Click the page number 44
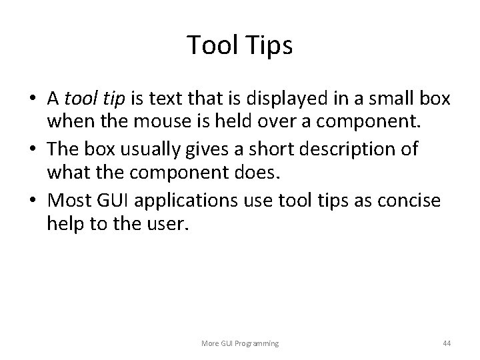(x=447, y=343)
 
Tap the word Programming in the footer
(x=257, y=343)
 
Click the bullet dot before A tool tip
(x=33, y=99)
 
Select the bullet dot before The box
(x=33, y=149)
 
